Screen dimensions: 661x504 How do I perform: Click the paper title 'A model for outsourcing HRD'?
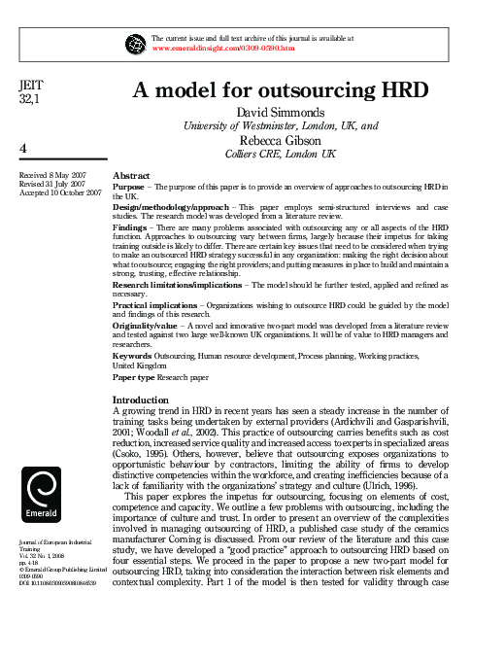pyautogui.click(x=280, y=90)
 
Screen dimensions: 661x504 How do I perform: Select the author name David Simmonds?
pyautogui.click(x=280, y=113)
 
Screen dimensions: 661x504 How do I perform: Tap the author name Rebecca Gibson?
pyautogui.click(x=280, y=140)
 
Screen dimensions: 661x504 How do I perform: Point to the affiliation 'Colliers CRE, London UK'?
pyautogui.click(x=280, y=154)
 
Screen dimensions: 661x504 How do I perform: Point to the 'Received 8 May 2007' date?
pyautogui.click(x=52, y=175)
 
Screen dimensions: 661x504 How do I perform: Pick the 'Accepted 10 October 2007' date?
pyautogui.click(x=60, y=192)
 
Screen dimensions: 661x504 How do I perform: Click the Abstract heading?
pyautogui.click(x=132, y=174)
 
